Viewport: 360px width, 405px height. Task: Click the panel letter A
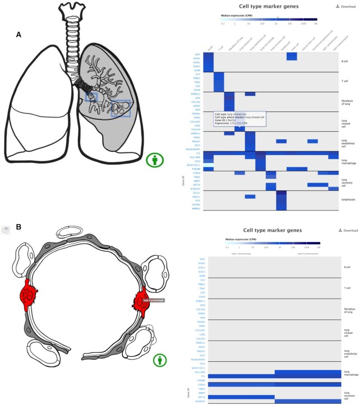pos(19,35)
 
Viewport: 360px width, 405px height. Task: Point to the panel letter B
pos(19,227)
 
